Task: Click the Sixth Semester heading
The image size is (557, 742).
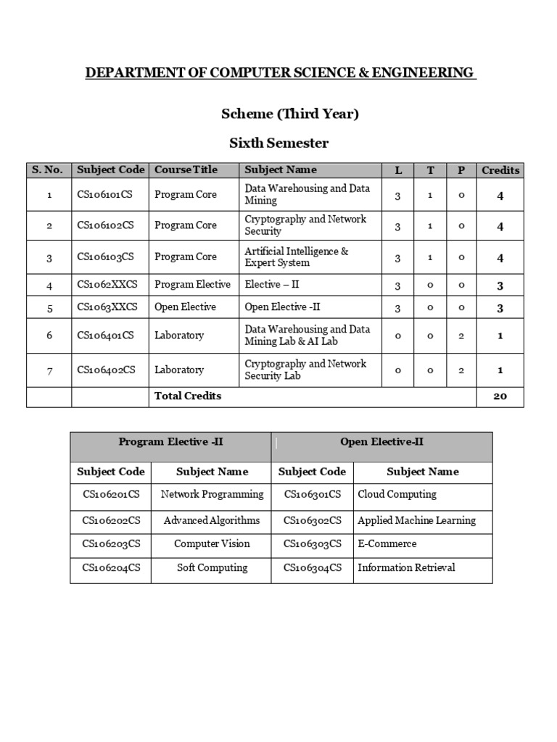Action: (278, 143)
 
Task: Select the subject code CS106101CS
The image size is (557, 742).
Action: (106, 194)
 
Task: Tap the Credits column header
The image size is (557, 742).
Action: (500, 170)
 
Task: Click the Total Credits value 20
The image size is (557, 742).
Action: (500, 396)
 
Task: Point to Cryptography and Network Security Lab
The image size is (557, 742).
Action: (305, 370)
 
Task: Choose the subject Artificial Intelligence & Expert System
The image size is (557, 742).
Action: (296, 257)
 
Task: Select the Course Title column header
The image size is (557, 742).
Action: (186, 170)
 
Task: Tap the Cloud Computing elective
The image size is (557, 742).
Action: (397, 494)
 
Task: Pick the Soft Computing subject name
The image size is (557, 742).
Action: (212, 567)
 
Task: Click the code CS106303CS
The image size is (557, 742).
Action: (312, 543)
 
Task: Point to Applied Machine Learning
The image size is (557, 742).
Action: (416, 520)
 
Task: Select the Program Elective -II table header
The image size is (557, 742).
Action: (171, 442)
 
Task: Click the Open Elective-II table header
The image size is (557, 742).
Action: (381, 442)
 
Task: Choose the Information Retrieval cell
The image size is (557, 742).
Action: (406, 567)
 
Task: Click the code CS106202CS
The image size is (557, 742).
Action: (111, 520)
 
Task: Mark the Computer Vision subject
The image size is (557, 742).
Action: (212, 543)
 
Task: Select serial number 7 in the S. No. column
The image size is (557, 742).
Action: (49, 370)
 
